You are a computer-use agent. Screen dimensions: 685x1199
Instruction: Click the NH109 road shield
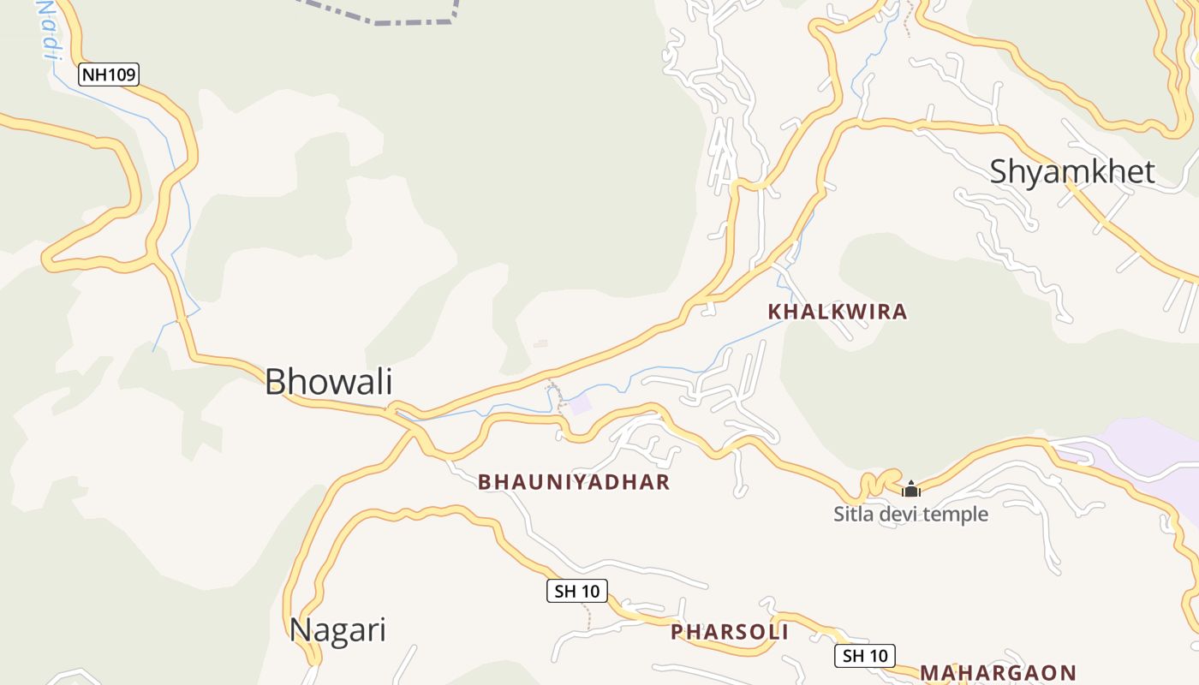[109, 74]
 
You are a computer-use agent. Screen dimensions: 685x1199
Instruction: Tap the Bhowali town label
[328, 381]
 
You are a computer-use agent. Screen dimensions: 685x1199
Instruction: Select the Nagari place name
[337, 629]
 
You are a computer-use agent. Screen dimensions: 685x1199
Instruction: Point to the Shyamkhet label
[1072, 171]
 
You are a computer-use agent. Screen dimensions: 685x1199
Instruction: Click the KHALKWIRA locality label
[837, 312]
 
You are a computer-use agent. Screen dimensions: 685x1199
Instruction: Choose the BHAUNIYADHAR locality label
[574, 482]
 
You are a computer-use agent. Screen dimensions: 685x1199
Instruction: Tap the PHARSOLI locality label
[729, 632]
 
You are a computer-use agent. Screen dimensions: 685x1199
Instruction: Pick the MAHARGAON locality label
[998, 672]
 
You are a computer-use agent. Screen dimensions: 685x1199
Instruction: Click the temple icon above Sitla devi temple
[911, 489]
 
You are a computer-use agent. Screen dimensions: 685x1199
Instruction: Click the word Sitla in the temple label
[852, 515]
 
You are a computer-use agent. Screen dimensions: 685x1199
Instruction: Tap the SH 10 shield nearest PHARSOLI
[577, 591]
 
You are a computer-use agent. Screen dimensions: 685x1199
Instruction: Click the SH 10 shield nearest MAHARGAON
[865, 656]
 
